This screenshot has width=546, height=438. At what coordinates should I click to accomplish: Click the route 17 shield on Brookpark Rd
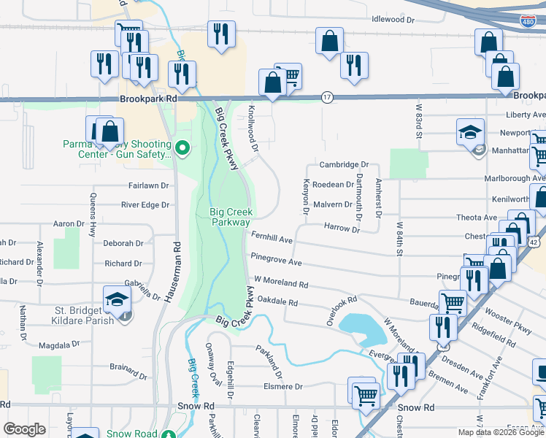pyautogui.click(x=327, y=96)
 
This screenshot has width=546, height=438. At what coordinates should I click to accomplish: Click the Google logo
pyautogui.click(x=24, y=429)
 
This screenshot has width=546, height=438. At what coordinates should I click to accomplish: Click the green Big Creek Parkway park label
pyautogui.click(x=230, y=217)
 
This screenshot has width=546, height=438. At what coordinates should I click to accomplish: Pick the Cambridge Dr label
pyautogui.click(x=344, y=166)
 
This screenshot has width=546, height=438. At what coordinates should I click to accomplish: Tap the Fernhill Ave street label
pyautogui.click(x=272, y=239)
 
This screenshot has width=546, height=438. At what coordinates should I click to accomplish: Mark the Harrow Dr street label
pyautogui.click(x=342, y=229)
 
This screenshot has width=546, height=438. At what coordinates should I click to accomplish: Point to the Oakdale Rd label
pyautogui.click(x=278, y=302)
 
